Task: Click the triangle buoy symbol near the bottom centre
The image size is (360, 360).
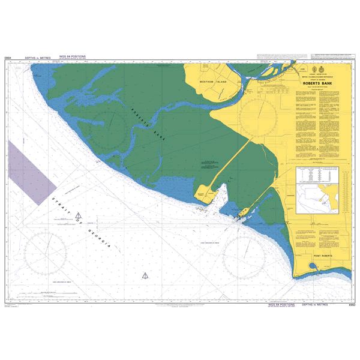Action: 144,276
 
